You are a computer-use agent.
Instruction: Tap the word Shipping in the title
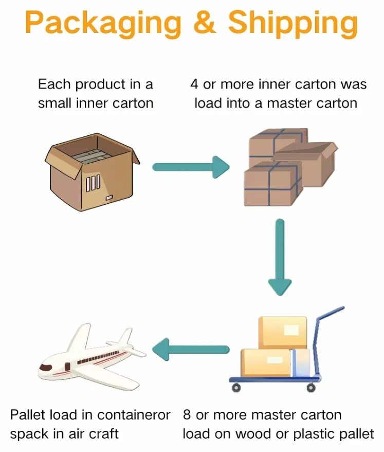pos(293,23)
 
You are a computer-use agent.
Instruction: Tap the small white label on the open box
pos(108,198)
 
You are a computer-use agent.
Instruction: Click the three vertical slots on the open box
pos(93,183)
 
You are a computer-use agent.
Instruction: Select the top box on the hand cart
pos(282,332)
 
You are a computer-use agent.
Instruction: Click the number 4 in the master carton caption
pos(194,84)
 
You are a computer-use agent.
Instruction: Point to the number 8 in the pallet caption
pos(187,414)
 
